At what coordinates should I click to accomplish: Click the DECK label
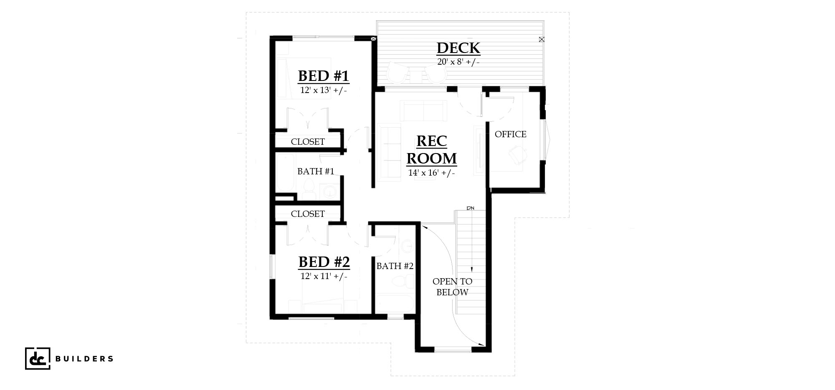458,48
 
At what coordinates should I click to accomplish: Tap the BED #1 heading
324,76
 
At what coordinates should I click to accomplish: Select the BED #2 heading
324,262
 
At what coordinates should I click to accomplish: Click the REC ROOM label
432,150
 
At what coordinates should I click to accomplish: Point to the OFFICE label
511,134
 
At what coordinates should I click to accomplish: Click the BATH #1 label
316,171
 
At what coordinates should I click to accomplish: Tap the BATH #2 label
395,266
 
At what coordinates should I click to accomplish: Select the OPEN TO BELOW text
453,287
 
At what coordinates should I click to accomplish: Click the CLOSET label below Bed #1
308,142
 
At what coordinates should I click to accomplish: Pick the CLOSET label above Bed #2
308,214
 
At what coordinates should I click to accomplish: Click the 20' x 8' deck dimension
458,62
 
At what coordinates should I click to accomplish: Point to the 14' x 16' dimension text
432,173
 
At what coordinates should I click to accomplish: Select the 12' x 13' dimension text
324,90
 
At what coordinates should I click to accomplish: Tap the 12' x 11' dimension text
324,276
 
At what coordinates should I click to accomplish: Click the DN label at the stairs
471,208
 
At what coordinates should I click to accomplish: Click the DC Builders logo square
38,358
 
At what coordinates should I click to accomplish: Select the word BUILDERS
84,359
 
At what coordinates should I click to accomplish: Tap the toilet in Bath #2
403,282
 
